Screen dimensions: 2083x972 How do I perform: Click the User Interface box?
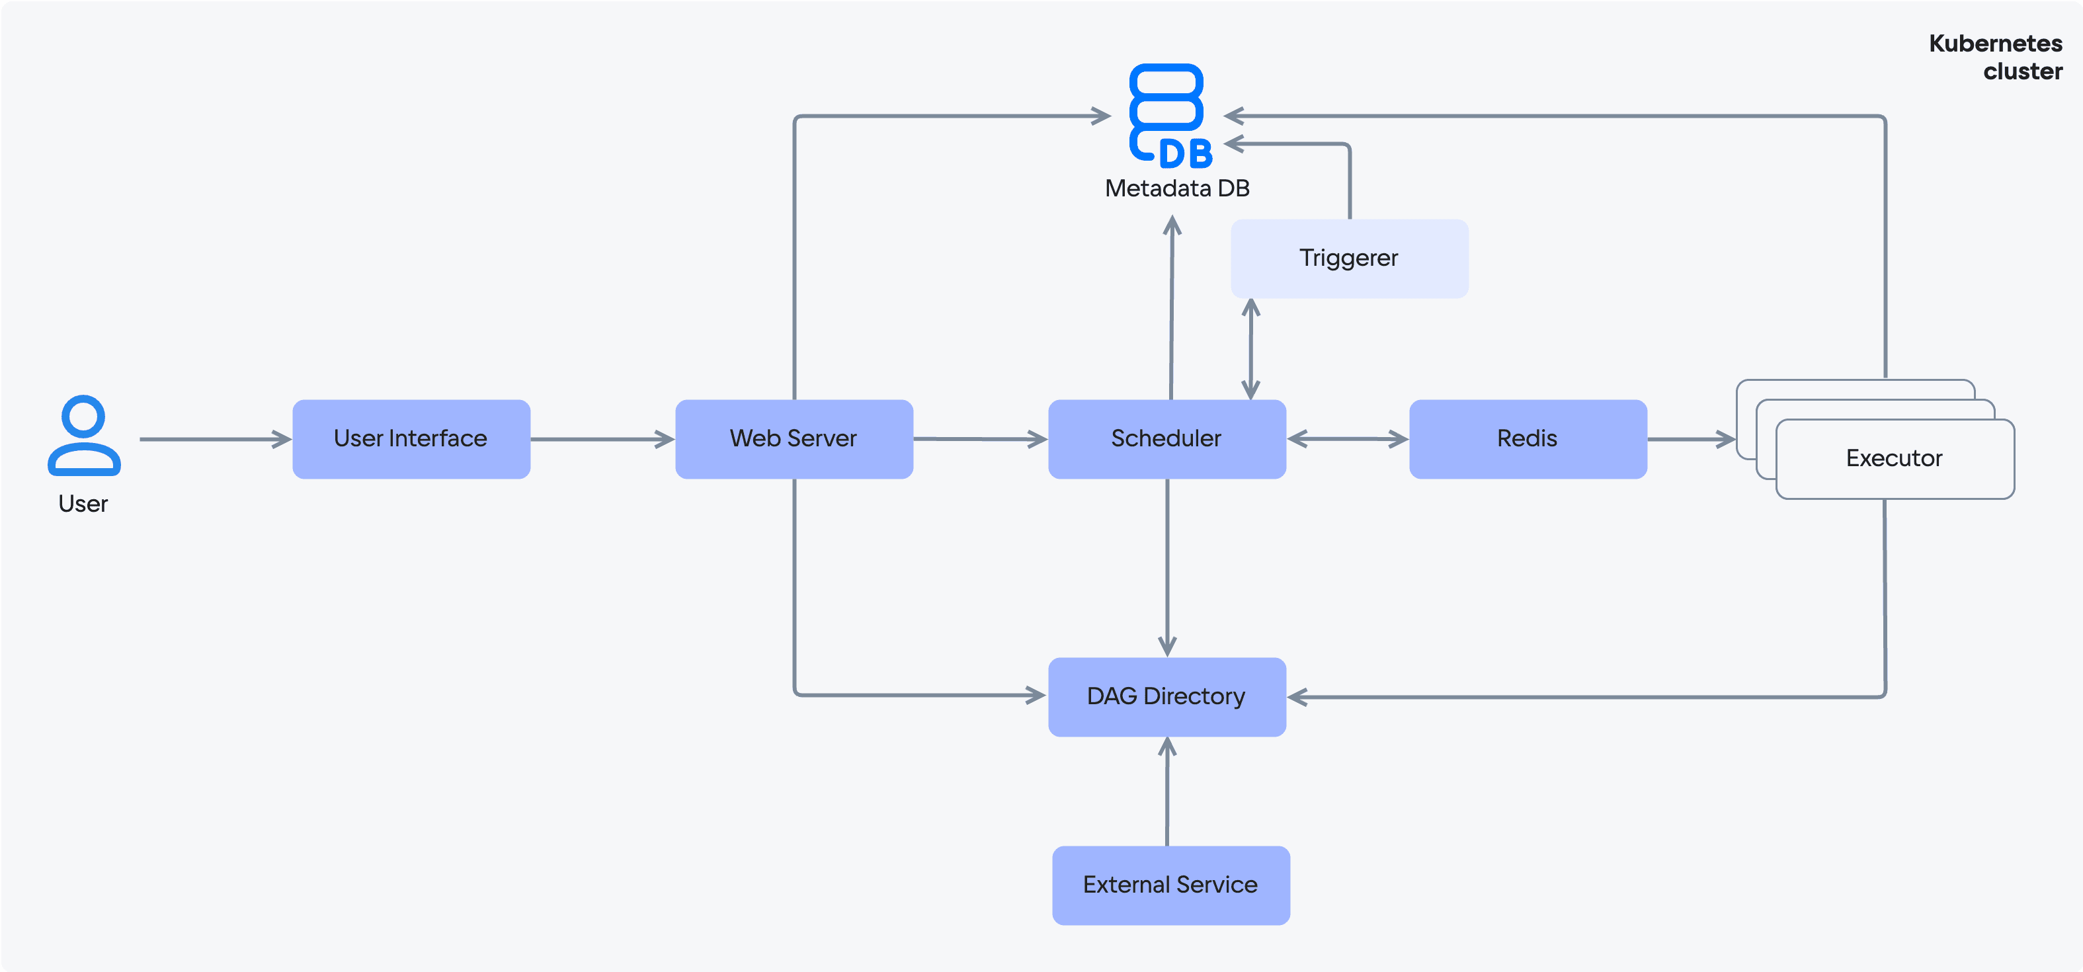tap(411, 439)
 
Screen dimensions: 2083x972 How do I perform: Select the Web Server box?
tap(794, 439)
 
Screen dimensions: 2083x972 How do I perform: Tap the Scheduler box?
tap(1167, 439)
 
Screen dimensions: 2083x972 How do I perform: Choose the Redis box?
tap(1528, 439)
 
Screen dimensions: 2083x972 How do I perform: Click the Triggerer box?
tap(1350, 259)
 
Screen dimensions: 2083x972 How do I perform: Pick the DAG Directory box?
tap(1167, 697)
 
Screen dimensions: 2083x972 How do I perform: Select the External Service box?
tap(1171, 885)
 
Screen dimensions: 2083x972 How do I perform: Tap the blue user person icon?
tap(84, 435)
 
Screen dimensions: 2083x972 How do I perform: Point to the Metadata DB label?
tap(1177, 188)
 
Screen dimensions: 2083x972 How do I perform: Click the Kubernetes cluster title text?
tap(1996, 57)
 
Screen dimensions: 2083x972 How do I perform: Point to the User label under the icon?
tap(83, 504)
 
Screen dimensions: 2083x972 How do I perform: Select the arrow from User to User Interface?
tap(216, 439)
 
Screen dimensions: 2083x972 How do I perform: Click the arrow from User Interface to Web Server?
tap(603, 439)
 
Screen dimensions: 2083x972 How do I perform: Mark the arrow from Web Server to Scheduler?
tap(981, 439)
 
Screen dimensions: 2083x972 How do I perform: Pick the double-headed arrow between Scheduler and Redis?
tap(1348, 439)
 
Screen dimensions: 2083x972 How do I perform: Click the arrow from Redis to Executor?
tap(1692, 439)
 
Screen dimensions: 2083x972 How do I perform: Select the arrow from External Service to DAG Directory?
tap(1167, 791)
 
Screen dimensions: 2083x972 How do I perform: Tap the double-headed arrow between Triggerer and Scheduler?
tap(1251, 349)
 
